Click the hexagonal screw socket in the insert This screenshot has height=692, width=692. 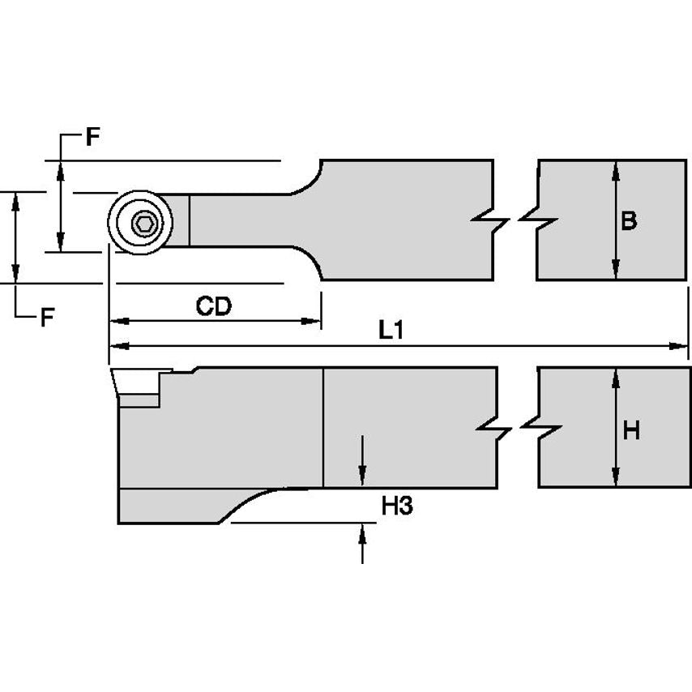(x=143, y=223)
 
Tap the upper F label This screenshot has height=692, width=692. (x=93, y=137)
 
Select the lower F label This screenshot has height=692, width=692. (x=48, y=317)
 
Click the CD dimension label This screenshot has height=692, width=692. (x=214, y=306)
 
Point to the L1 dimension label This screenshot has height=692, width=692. (x=391, y=331)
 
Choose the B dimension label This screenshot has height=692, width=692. (x=628, y=220)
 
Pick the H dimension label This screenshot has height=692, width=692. (x=631, y=430)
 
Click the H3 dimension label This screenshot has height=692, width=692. (x=397, y=506)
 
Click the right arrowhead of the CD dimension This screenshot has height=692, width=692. (x=314, y=322)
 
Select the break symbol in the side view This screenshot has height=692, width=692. (x=517, y=429)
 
